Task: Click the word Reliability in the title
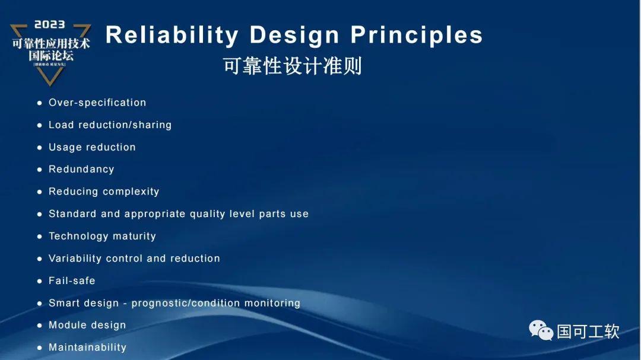coord(172,35)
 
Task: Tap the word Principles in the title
coord(417,35)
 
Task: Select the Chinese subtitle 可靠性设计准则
coord(292,66)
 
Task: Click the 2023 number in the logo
coord(50,25)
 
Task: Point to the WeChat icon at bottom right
coord(541,330)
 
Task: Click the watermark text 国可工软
coord(588,331)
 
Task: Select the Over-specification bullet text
coord(97,103)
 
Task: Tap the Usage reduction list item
coord(92,147)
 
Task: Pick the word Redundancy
coord(81,169)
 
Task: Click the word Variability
coord(75,259)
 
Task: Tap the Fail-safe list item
coord(72,281)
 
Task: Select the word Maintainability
coord(87,348)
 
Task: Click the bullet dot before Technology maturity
coord(40,237)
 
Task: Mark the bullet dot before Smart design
coord(40,304)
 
